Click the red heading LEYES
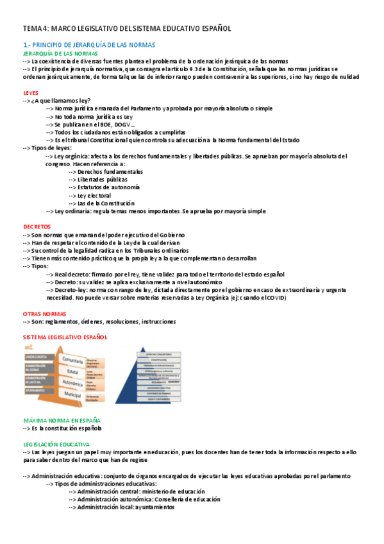tap(31, 92)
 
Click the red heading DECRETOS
tap(37, 226)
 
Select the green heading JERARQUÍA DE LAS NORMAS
tap(59, 53)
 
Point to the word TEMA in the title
tap(32, 28)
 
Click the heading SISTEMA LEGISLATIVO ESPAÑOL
tap(65, 337)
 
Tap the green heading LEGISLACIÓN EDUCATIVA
tap(56, 443)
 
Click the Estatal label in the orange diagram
tap(72, 371)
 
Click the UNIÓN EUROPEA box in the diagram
tap(38, 356)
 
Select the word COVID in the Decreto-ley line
tap(275, 298)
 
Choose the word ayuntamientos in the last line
tap(154, 506)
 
